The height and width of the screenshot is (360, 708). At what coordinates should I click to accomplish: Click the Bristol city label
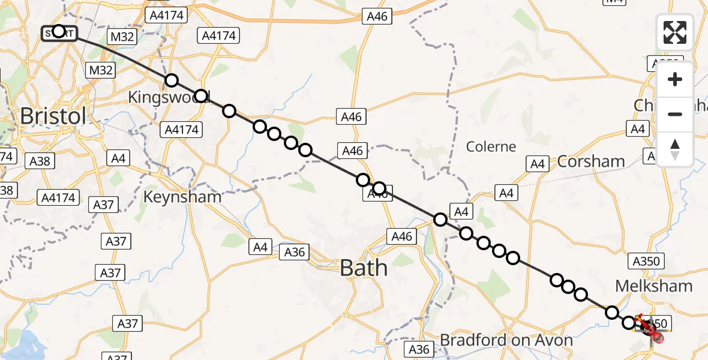[53, 116]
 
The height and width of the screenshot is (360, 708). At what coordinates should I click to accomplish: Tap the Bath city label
[364, 268]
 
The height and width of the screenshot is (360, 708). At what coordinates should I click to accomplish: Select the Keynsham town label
[182, 196]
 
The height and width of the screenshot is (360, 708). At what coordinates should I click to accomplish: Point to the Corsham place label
[591, 161]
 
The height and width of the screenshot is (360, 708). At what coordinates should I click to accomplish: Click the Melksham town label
[655, 286]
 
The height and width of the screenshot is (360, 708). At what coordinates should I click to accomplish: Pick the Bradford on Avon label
[506, 340]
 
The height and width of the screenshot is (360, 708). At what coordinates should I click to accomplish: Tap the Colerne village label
[491, 146]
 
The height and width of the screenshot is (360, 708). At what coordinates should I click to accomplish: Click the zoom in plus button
[675, 79]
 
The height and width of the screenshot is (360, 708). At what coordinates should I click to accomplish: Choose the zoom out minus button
[675, 114]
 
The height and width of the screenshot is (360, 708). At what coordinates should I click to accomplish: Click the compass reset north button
[675, 149]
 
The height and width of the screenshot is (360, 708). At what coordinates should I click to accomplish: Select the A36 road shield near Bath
[295, 252]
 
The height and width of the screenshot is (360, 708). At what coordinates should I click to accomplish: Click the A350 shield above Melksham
[646, 261]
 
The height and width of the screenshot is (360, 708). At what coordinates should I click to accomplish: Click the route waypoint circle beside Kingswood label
[201, 96]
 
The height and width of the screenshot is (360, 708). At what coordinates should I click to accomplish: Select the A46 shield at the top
[377, 17]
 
